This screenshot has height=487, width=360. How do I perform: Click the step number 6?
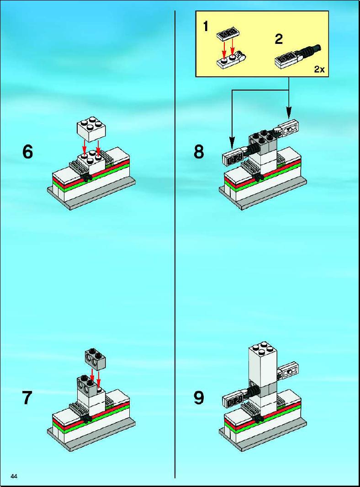click(27, 152)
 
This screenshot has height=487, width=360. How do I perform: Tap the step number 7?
click(27, 397)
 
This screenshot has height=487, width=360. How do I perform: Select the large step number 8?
click(199, 152)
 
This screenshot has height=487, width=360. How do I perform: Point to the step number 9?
click(199, 397)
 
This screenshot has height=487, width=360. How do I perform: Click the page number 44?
click(14, 476)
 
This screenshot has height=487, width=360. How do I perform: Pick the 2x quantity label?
click(319, 69)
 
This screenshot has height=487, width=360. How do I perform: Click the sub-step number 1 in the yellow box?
click(206, 26)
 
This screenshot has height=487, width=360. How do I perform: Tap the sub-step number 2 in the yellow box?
click(279, 39)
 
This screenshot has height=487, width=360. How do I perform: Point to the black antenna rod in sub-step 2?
click(309, 50)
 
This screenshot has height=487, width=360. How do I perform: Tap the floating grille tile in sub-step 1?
click(228, 34)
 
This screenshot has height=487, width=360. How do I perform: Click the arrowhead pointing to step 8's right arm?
click(289, 113)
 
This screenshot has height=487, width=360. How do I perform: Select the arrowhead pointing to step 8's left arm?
click(232, 143)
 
